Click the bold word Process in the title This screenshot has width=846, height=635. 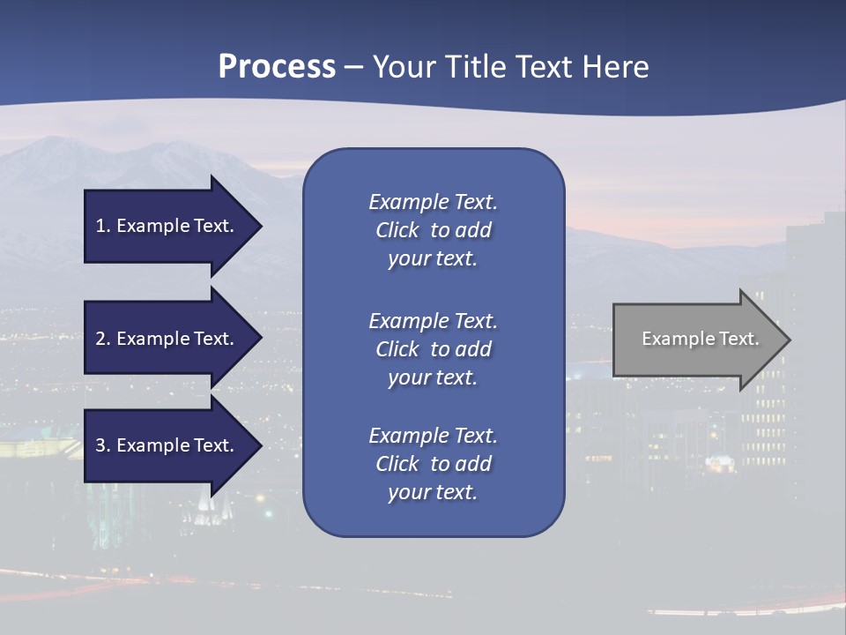277,67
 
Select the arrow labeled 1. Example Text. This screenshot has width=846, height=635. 167,226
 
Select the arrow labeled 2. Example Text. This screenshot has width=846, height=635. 167,339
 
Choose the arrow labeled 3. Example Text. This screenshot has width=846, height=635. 167,445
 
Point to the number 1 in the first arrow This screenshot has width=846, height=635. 100,226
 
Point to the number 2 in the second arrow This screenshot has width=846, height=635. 100,339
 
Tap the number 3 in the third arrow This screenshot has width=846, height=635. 100,445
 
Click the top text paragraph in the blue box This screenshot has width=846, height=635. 433,230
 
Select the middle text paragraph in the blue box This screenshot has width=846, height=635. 433,349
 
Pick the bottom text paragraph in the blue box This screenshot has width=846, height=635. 433,464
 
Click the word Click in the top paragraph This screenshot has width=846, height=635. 397,230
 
